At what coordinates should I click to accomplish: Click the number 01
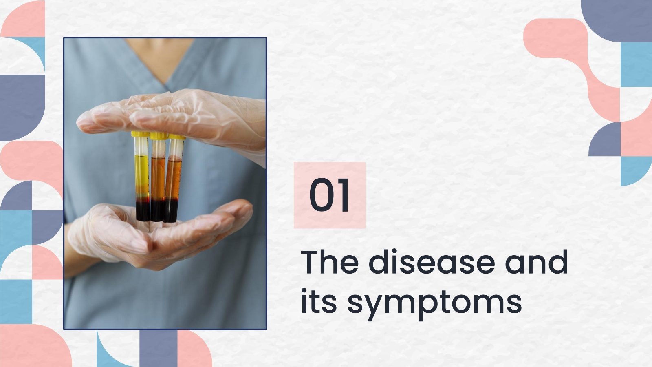pyautogui.click(x=329, y=196)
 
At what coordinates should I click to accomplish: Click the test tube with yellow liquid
pyautogui.click(x=141, y=171)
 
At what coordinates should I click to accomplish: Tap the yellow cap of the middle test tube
pyautogui.click(x=158, y=135)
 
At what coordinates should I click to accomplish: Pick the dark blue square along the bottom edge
pyautogui.click(x=158, y=349)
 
